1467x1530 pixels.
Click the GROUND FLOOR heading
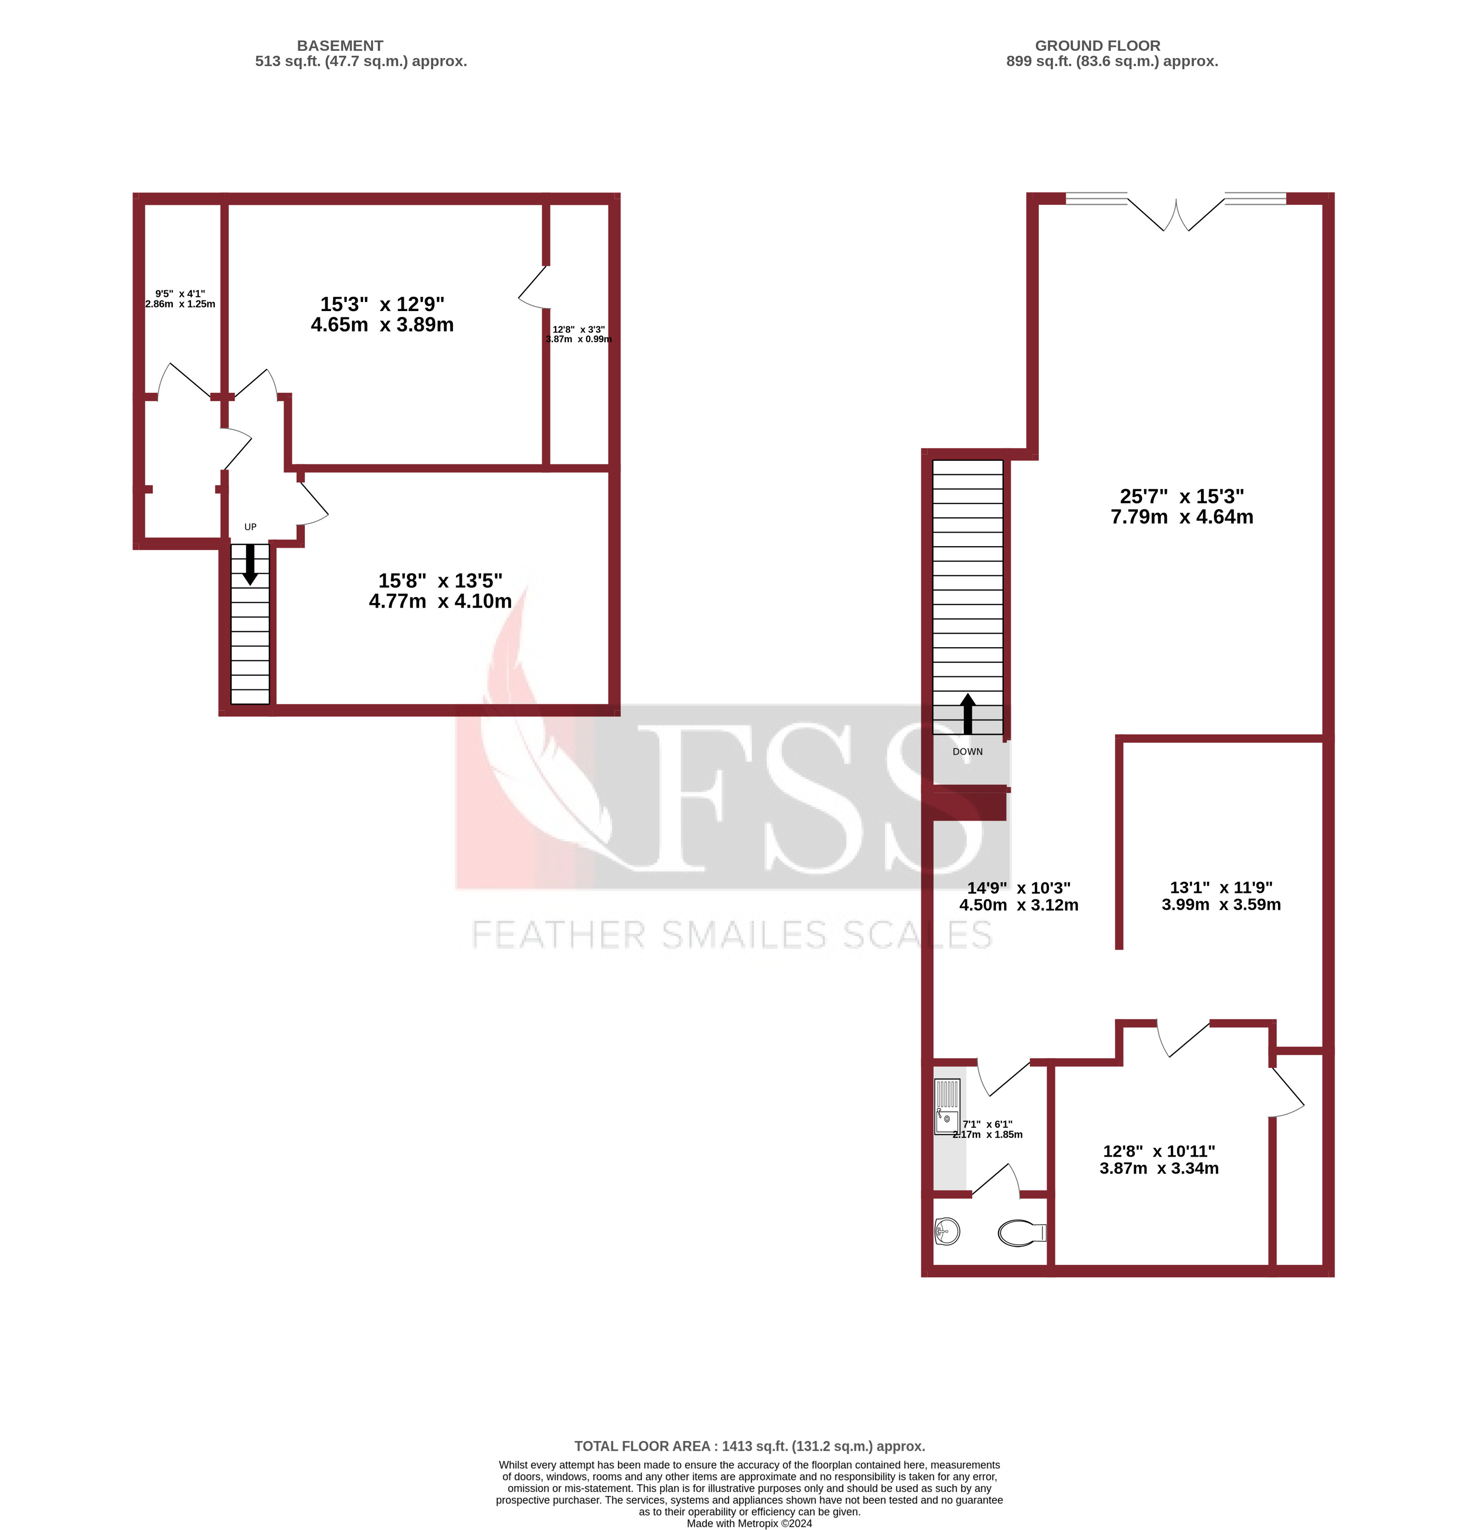[1097, 46]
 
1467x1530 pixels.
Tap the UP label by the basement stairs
[250, 527]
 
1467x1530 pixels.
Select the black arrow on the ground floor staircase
[968, 713]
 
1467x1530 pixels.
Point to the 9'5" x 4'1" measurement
[180, 299]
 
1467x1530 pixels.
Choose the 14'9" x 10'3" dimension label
[1018, 896]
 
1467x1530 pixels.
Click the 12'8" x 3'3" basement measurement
[578, 334]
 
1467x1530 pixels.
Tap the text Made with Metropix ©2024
[749, 1523]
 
